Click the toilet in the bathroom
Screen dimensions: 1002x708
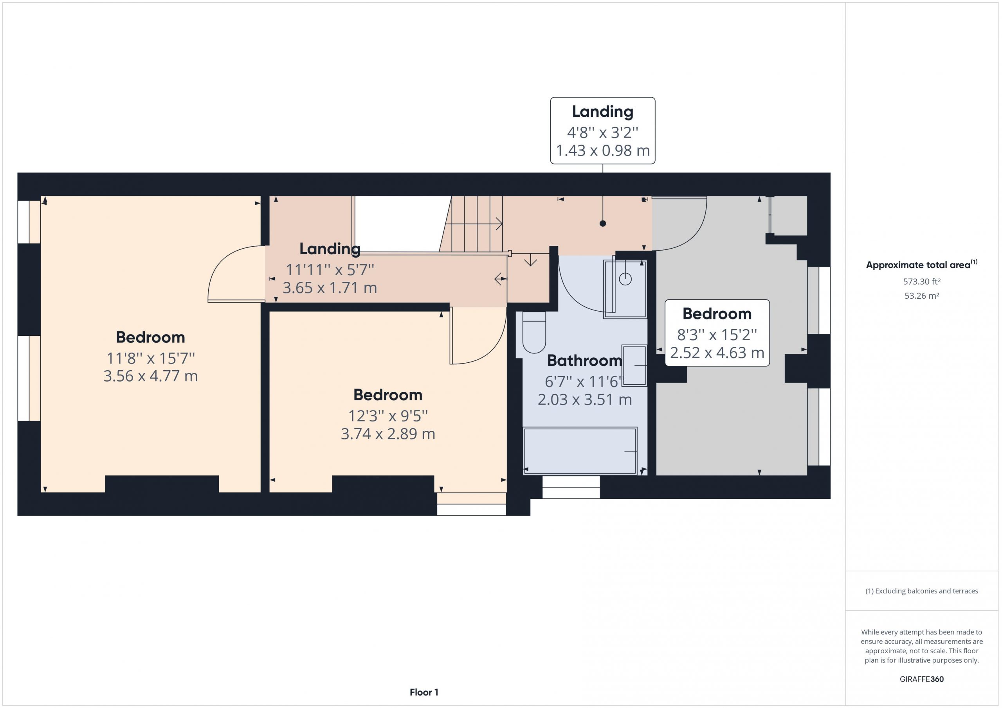point(534,332)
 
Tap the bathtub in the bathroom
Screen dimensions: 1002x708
point(580,451)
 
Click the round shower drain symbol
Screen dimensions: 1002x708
point(625,279)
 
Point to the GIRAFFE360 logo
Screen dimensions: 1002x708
point(922,679)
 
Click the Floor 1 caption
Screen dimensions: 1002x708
point(424,692)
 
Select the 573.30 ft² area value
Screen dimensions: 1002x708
point(922,281)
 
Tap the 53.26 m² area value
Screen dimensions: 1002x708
point(922,296)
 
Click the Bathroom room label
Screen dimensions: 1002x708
point(584,360)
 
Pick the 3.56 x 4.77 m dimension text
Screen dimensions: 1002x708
point(151,376)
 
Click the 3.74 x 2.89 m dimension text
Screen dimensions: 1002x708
point(388,434)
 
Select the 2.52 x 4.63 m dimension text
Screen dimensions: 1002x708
point(717,353)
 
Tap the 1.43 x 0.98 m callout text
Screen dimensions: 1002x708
point(603,151)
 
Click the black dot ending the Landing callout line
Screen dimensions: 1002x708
point(603,224)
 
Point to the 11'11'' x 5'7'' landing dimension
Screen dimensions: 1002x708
point(330,270)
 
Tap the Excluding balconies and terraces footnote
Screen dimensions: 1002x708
point(922,591)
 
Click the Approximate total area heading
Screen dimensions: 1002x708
point(922,265)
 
